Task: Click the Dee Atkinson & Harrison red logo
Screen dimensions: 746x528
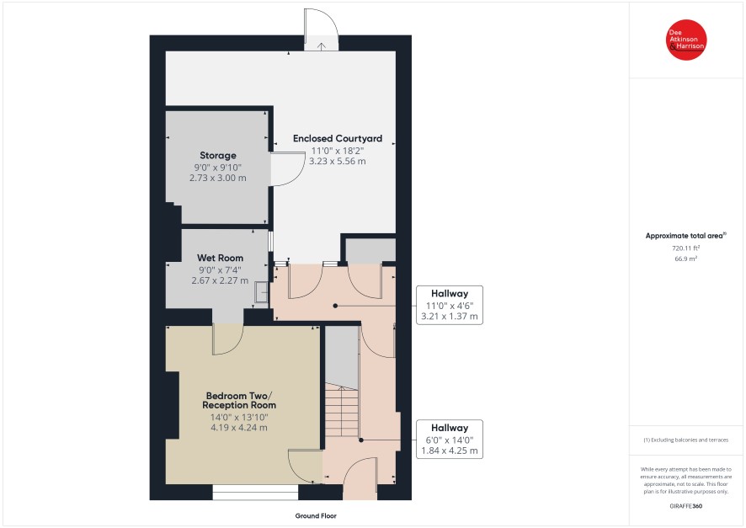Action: pos(686,40)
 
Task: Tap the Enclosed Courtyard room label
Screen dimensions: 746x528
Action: pos(338,138)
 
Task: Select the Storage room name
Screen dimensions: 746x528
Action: pos(218,156)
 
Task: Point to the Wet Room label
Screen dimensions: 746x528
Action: pos(220,258)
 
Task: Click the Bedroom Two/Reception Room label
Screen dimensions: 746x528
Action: pos(239,401)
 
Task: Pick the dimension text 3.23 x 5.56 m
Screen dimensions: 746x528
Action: pos(338,161)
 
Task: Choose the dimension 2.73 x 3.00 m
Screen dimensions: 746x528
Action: pos(218,178)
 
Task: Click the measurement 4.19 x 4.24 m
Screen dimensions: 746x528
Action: pos(239,428)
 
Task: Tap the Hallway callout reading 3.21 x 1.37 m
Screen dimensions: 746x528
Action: pos(450,305)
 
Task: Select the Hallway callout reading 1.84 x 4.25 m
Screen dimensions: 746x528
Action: pos(450,439)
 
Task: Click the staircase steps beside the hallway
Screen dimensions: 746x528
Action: pos(342,412)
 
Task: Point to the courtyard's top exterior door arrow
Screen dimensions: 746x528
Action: pos(322,46)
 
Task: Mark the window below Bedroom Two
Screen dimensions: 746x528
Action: pos(255,493)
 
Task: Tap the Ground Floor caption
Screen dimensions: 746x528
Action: pos(316,515)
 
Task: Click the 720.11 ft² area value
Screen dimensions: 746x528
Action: pos(685,248)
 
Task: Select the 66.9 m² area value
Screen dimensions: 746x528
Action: pos(685,259)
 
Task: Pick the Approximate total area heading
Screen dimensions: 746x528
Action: pos(685,236)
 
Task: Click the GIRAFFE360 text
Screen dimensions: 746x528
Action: pos(685,506)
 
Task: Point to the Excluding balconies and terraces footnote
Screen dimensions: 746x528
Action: pos(685,440)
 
